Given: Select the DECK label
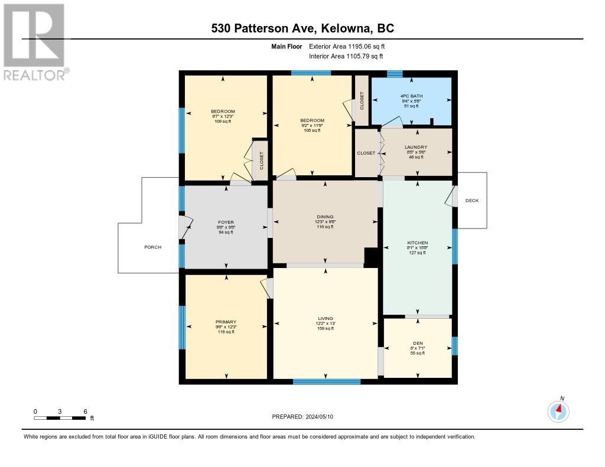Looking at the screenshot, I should coord(472,201).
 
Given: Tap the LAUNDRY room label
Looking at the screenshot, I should coord(415,148).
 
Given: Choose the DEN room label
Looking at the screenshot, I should coord(418,342).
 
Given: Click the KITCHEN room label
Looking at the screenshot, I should coord(417,243).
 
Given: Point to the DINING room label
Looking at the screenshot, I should coord(325,217).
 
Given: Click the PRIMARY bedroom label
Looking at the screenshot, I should coord(226,322).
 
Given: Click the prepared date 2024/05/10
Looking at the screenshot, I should coord(307,417).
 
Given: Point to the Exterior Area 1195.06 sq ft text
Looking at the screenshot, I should coord(347,46).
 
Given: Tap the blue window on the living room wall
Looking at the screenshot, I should coord(327,381).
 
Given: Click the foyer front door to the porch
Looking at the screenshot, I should coord(185,227).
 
